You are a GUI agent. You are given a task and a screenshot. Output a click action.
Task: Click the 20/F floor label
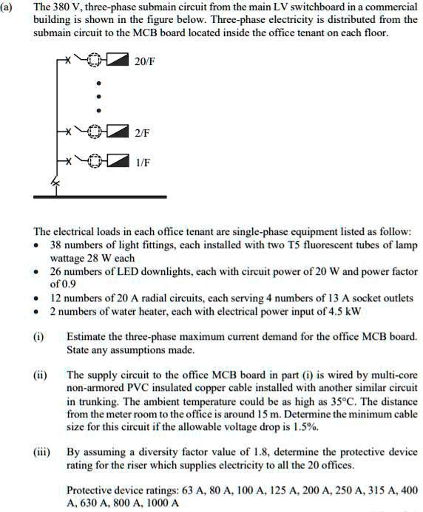point(145,60)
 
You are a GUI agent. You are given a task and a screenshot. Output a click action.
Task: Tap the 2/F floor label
point(142,133)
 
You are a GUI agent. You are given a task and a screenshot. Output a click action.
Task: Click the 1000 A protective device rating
point(161,503)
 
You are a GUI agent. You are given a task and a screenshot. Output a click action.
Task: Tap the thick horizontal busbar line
point(100,197)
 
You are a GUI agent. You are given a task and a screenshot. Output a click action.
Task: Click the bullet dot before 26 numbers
point(37,272)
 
